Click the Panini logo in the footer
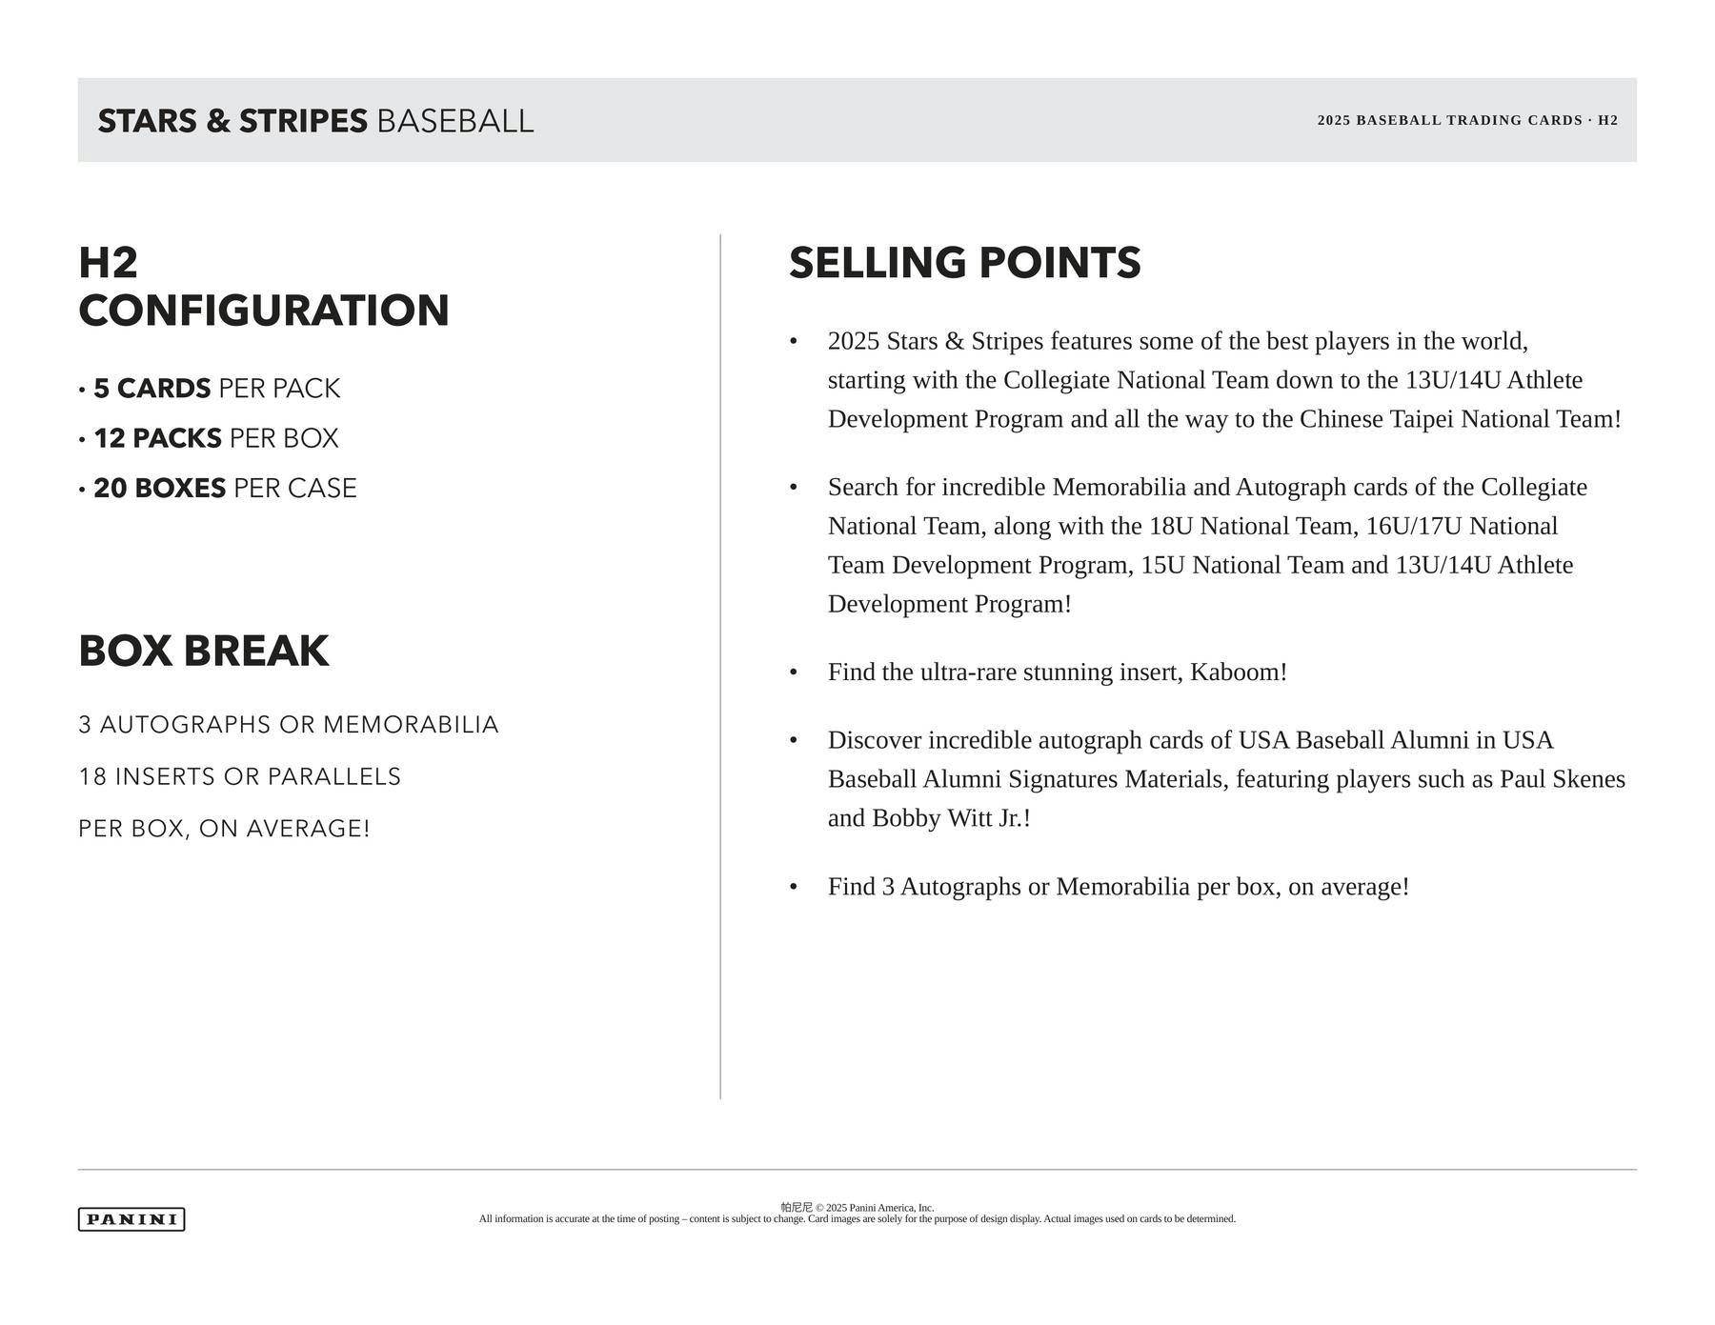point(131,1219)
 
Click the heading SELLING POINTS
point(964,264)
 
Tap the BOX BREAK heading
point(204,652)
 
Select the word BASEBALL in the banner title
point(455,122)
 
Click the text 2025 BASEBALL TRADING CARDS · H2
point(1467,120)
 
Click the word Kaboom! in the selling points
point(1239,673)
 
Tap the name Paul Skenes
point(1563,779)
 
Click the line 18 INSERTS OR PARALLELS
point(240,777)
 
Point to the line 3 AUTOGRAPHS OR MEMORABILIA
point(289,725)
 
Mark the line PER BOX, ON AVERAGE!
point(224,829)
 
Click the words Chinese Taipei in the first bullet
point(1377,419)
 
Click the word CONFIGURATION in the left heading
point(264,311)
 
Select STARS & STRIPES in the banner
point(232,122)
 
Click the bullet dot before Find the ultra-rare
point(794,673)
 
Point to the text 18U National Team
point(1254,526)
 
